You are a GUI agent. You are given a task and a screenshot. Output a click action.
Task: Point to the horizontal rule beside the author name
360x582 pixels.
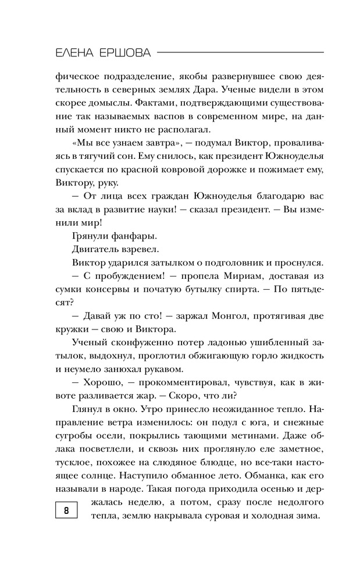[241, 52]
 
